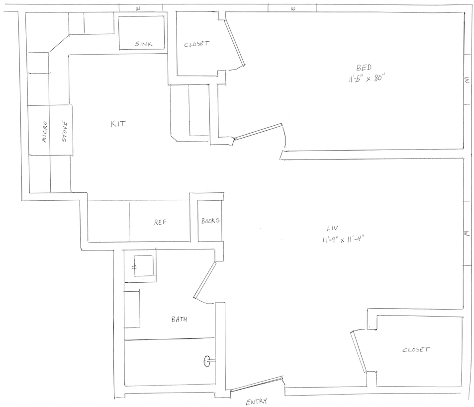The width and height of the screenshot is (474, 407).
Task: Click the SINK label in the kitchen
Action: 144,44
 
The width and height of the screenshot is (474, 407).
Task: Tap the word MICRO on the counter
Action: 44,132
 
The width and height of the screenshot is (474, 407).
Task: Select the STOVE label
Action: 65,132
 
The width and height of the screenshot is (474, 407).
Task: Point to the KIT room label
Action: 118,123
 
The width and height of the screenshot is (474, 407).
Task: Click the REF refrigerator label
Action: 160,222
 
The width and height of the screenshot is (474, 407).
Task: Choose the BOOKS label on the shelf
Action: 210,221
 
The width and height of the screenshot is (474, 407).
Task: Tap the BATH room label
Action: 179,319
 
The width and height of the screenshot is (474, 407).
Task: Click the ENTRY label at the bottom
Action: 256,402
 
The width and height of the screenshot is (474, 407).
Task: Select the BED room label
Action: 364,67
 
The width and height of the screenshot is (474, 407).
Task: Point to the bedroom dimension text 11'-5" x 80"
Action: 367,79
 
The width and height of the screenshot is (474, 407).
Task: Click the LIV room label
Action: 333,228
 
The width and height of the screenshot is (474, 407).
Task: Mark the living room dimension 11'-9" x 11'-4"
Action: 342,240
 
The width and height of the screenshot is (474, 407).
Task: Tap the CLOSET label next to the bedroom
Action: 196,44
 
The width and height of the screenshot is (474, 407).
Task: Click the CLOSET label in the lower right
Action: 416,350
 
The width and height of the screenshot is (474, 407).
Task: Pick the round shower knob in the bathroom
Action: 207,361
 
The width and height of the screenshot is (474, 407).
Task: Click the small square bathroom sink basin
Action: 143,265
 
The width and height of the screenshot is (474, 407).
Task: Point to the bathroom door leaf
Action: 205,280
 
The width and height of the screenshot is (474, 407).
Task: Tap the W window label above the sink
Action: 138,8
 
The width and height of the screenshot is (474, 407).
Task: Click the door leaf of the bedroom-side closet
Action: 235,43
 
